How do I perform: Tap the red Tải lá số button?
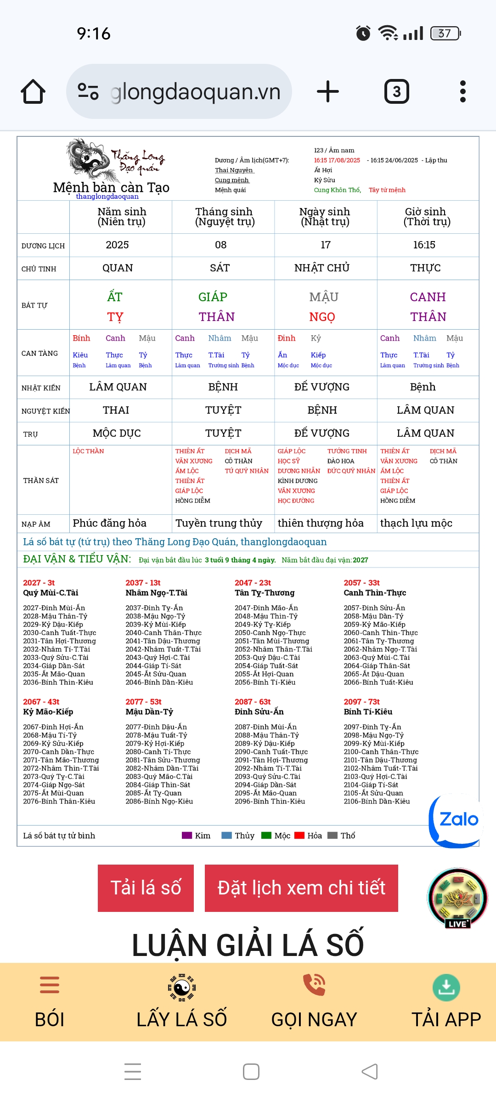pos(146,888)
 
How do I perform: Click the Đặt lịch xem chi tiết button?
pos(301,888)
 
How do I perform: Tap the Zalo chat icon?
pos(456,821)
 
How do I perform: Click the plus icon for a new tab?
pos(328,91)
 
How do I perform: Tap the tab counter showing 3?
pos(396,91)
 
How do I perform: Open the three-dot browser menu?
pos(462,91)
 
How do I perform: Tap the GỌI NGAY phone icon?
pos(314,985)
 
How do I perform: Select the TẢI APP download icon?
pos(446,987)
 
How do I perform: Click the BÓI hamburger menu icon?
pos(50,985)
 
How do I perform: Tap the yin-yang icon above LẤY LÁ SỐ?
pos(181,987)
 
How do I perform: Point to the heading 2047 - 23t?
pos(253,583)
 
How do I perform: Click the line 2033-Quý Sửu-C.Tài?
pos(56,658)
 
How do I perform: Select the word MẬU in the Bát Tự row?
pos(324,297)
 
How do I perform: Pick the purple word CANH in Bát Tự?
pos(428,297)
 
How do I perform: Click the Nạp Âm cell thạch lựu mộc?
pos(416,523)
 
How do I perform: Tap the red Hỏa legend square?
pos(299,835)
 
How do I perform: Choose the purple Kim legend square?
pos(187,835)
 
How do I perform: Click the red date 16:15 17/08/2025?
pos(337,160)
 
